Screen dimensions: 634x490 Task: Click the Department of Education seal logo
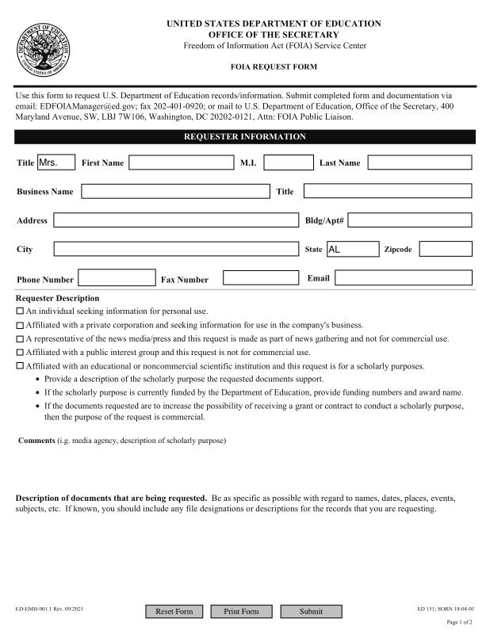[x=44, y=46]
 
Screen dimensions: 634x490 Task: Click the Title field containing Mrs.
[x=56, y=162]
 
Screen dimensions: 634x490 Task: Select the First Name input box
[x=182, y=162]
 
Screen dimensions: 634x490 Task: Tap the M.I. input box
[x=289, y=162]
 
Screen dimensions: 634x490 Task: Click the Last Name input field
[x=419, y=162]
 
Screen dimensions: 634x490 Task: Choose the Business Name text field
[x=175, y=191]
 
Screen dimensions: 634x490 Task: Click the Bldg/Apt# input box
[x=410, y=220]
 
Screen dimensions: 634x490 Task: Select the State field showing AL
[x=353, y=249]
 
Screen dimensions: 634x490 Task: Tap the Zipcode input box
[x=446, y=249]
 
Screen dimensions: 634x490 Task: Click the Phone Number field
[x=117, y=278]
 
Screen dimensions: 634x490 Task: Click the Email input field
[x=403, y=278]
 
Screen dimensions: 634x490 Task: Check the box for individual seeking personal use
[x=20, y=311]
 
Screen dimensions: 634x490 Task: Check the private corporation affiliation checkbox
[x=20, y=325]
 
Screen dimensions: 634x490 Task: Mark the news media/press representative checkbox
[x=20, y=338]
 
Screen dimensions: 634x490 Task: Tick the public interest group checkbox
[x=20, y=352]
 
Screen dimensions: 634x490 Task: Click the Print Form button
[x=241, y=611]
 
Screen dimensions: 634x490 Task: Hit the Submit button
[x=311, y=611]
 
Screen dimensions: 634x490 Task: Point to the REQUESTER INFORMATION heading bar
[x=245, y=136]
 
